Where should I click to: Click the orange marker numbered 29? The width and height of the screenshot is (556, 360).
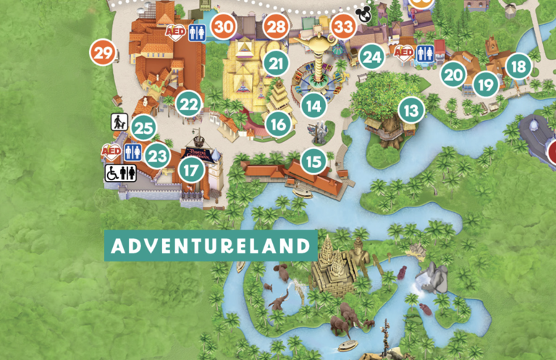tap(104, 52)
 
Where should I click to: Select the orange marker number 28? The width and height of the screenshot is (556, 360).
tap(276, 28)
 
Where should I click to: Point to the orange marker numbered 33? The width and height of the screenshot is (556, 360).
tap(344, 28)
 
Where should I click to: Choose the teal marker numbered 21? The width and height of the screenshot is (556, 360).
tap(276, 63)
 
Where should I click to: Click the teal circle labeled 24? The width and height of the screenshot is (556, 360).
tap(372, 56)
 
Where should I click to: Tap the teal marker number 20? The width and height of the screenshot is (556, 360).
tap(453, 74)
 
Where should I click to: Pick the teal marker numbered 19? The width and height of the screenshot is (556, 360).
tap(485, 85)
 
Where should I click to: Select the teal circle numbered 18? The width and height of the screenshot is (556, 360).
tap(518, 67)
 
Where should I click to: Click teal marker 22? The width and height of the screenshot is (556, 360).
tap(189, 104)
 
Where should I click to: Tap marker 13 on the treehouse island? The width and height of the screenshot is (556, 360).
tap(411, 111)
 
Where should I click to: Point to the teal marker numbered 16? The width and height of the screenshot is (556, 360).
tap(278, 124)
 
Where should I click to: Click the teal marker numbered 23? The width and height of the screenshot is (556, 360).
tap(157, 154)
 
